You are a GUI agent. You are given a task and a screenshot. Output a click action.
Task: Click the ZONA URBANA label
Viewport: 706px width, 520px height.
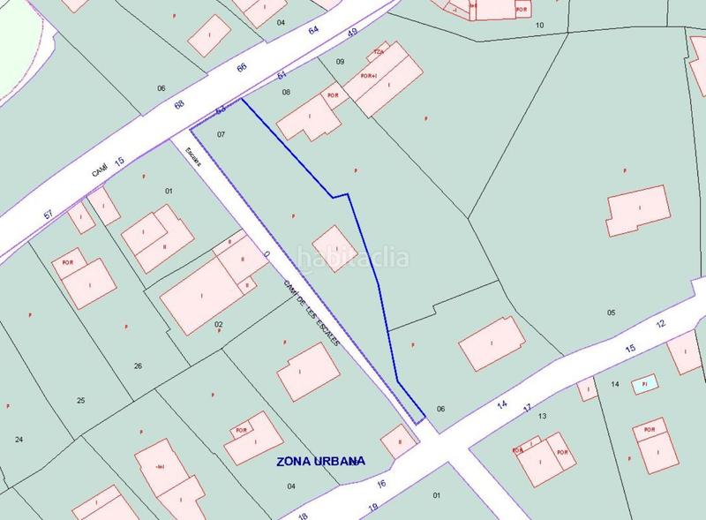pos(320,461)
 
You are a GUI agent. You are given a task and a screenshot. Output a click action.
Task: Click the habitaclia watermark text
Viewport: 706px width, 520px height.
pos(352,259)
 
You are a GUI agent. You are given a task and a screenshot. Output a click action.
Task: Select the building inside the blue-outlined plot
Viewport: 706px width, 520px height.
pos(334,248)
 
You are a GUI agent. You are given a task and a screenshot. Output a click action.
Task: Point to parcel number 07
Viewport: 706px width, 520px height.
pos(222,135)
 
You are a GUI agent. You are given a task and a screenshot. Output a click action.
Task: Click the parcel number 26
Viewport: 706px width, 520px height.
pos(138,366)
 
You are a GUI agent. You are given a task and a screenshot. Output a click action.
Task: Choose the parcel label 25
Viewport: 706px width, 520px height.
pos(80,400)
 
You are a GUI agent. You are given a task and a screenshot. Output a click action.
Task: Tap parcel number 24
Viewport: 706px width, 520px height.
pos(19,439)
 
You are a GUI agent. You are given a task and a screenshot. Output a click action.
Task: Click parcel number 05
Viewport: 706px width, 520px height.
pos(611,313)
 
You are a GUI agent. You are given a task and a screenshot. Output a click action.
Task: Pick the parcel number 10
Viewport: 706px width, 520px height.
pos(540,25)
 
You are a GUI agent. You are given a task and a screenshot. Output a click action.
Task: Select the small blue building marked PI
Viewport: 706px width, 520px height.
pos(645,384)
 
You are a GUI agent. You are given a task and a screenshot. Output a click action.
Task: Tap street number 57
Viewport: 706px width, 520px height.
pos(49,215)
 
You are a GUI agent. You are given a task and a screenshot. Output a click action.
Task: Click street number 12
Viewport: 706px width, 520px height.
pos(660,324)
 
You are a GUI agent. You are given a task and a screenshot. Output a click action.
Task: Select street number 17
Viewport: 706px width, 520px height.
pos(527,407)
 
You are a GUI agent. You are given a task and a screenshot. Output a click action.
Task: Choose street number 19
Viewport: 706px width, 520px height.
pos(372,507)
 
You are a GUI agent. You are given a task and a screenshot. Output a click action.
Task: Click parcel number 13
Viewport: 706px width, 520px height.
pos(543,415)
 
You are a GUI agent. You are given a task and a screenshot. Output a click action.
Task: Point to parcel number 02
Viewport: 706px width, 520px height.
pos(219,324)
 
